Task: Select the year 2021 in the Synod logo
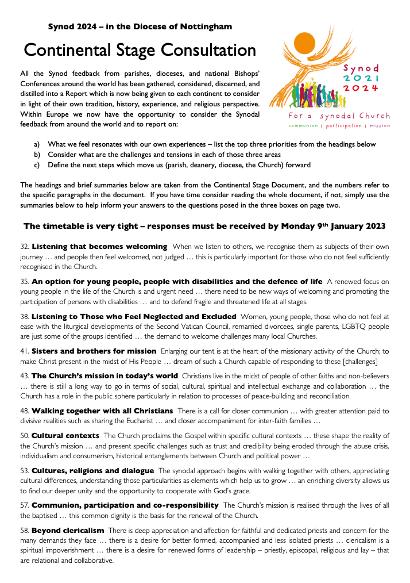click(x=361, y=78)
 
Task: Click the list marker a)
click(x=37, y=144)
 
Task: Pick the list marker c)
click(x=37, y=165)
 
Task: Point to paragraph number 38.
click(x=25, y=317)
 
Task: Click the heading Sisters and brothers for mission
click(x=94, y=351)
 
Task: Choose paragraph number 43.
click(x=25, y=375)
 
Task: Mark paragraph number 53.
click(x=25, y=471)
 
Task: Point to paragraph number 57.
click(x=25, y=505)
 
